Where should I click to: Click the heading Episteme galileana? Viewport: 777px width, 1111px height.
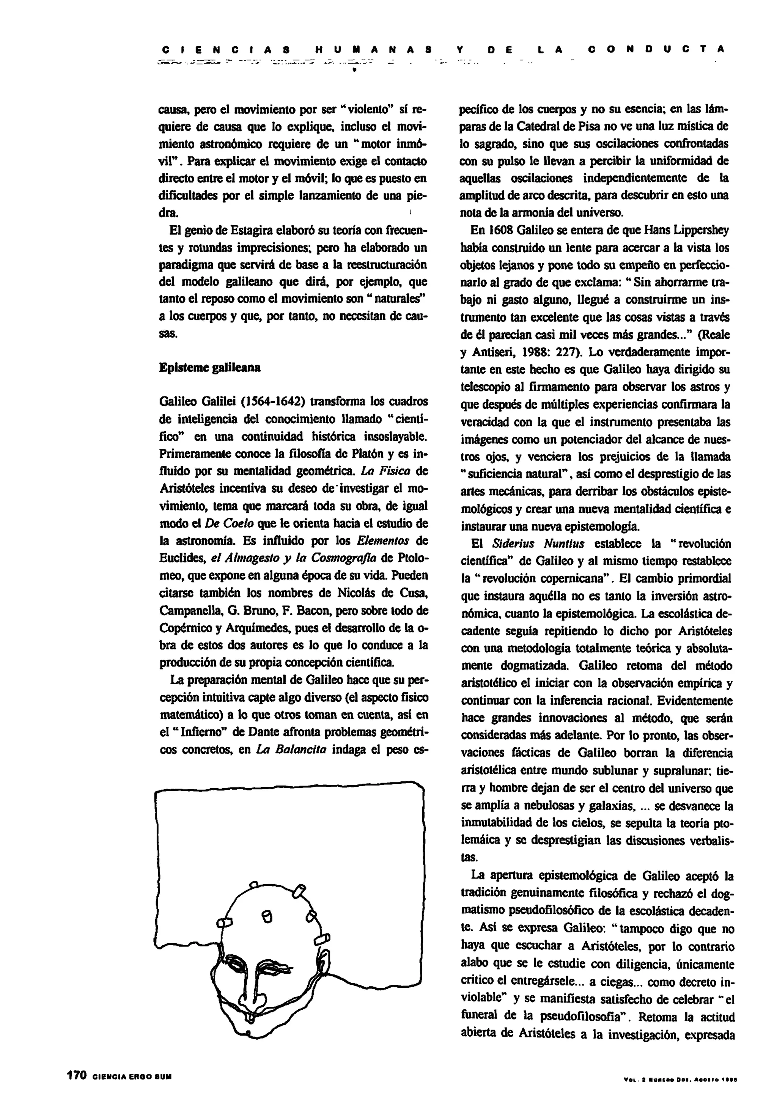(210, 367)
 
